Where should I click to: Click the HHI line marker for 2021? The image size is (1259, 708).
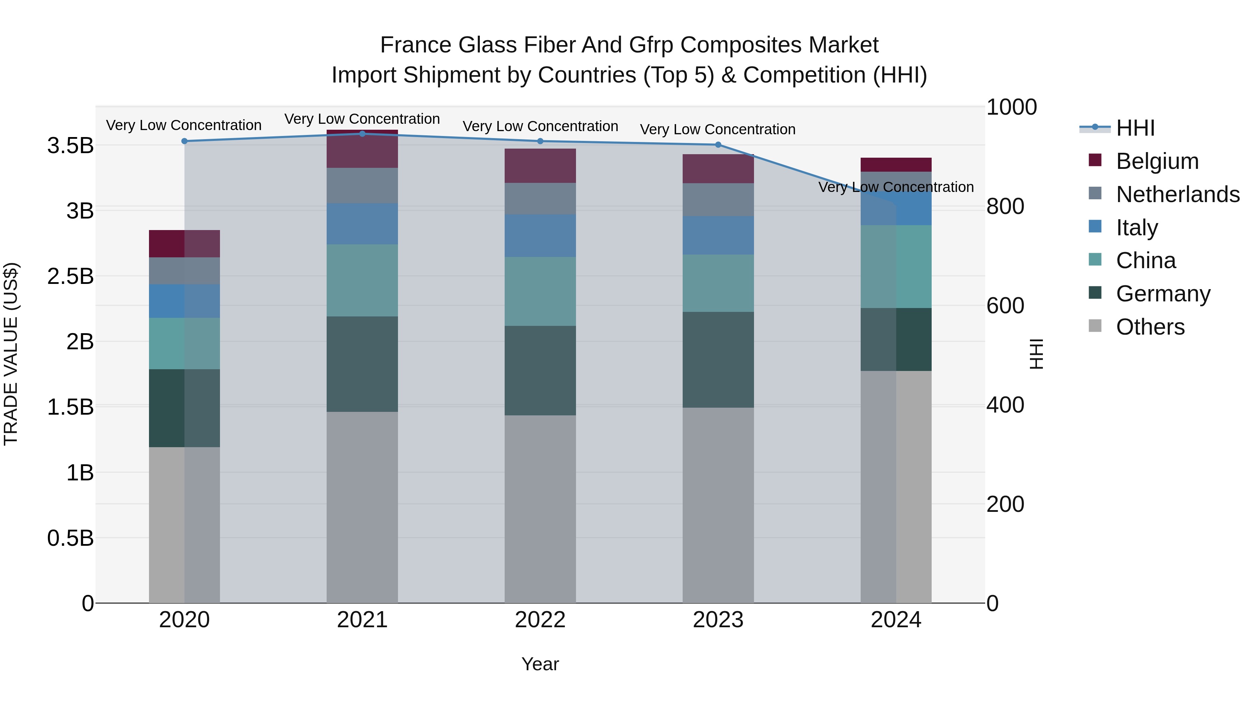tap(362, 134)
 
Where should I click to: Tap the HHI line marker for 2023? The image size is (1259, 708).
tap(718, 145)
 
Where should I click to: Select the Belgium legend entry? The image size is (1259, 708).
tap(1157, 161)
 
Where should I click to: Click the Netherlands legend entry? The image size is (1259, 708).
tap(1177, 194)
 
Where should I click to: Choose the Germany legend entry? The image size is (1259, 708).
tap(1162, 294)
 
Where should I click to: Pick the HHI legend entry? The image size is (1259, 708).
tap(1135, 128)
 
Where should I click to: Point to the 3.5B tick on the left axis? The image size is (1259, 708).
tap(70, 145)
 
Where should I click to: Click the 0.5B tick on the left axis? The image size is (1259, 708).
tap(70, 538)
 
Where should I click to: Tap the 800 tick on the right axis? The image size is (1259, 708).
tap(1005, 206)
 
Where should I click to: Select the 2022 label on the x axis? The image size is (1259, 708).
tap(540, 620)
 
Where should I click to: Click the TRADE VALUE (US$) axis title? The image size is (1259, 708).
tap(11, 354)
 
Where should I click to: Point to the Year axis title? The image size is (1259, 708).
tap(540, 664)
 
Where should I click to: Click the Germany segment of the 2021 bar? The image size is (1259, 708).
tap(362, 364)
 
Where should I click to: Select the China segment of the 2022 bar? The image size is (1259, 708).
tap(540, 291)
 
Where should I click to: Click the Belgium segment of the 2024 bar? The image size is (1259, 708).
tap(896, 165)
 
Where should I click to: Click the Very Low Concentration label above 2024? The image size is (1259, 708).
tap(896, 187)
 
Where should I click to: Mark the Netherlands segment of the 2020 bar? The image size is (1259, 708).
tap(184, 271)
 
